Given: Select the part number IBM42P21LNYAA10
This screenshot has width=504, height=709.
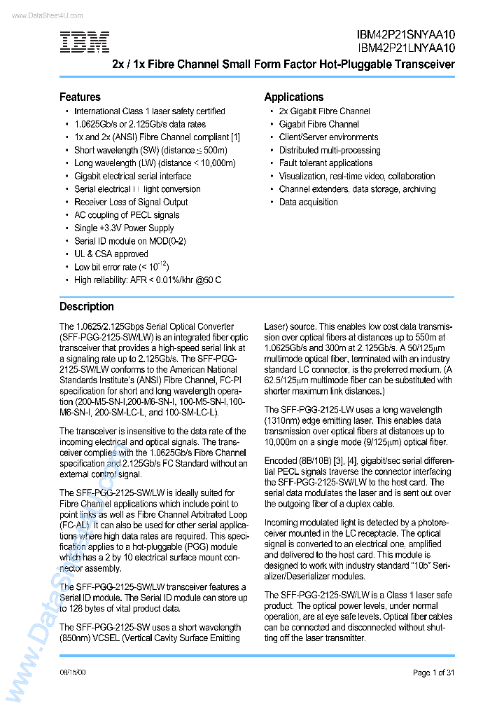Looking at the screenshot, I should click(405, 48).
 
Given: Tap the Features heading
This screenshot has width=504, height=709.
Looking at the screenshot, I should click(80, 97).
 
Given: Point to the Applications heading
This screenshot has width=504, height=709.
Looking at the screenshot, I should click(293, 97).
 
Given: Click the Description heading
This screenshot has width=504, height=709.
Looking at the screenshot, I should click(86, 306).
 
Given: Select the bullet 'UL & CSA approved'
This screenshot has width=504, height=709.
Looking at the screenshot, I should click(111, 254).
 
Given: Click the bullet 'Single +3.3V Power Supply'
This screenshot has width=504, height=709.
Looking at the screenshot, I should click(124, 228).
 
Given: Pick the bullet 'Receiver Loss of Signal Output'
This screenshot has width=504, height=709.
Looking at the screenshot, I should click(131, 202).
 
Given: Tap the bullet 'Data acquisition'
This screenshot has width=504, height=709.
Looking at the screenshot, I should click(308, 202).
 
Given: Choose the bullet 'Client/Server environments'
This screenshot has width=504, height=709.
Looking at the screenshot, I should click(328, 137).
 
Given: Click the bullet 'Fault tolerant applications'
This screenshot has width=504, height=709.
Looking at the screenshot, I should click(325, 163).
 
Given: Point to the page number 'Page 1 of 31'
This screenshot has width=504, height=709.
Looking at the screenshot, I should click(433, 673).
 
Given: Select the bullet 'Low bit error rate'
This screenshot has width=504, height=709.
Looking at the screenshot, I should click(121, 267).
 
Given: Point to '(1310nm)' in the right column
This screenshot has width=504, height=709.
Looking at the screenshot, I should click(283, 420).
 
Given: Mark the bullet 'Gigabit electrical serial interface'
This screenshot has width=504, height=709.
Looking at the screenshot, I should click(132, 177).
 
